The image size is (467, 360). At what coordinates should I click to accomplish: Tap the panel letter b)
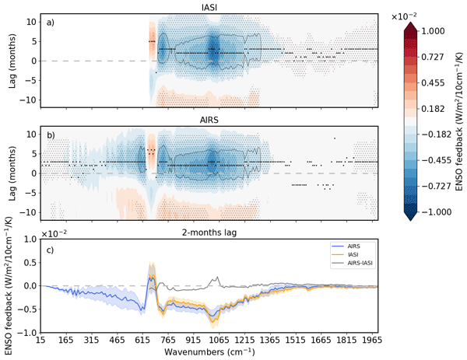point(49,135)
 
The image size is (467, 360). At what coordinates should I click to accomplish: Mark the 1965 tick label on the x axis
point(373,340)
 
